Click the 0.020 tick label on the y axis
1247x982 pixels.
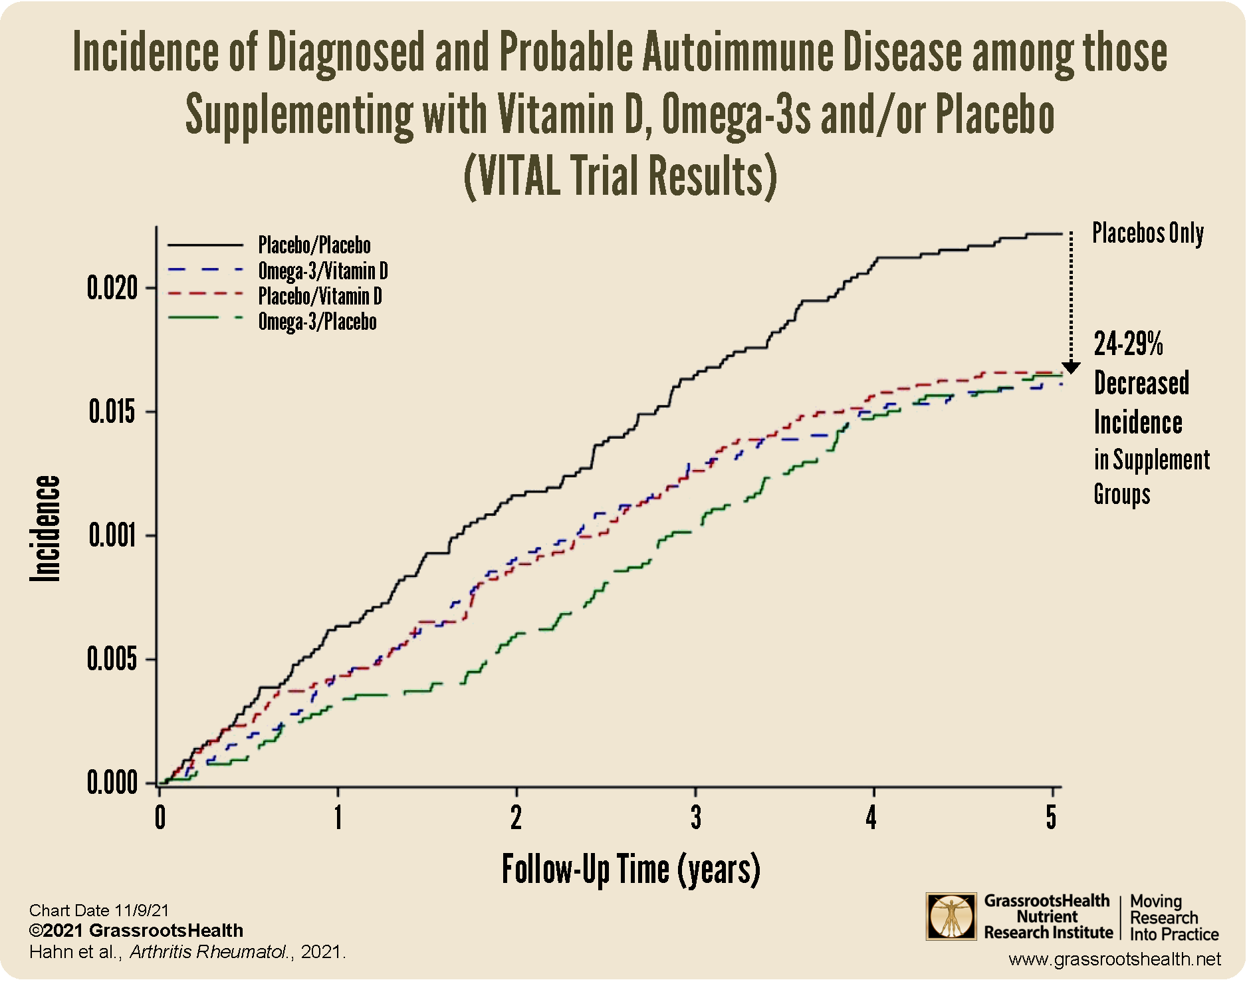(112, 289)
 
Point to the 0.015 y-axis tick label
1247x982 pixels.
(112, 412)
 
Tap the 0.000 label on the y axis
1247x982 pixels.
(112, 783)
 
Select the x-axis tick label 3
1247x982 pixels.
(695, 818)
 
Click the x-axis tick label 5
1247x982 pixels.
(1051, 818)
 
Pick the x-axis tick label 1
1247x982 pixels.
(338, 818)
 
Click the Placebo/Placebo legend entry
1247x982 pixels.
(314, 245)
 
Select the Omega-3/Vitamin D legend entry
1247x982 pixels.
(322, 271)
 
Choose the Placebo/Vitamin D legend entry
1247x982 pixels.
(320, 296)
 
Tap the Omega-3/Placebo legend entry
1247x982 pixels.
(317, 322)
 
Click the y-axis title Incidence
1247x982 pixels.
(45, 529)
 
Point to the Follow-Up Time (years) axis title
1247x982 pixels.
(630, 870)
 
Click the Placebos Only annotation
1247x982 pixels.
(1148, 233)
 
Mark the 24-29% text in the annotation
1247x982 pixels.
(1128, 344)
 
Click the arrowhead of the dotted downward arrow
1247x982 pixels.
(1071, 368)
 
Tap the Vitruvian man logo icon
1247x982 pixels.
(951, 917)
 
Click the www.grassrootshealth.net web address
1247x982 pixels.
(1114, 959)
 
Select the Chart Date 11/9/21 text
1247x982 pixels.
(99, 910)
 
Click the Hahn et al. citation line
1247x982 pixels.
(187, 952)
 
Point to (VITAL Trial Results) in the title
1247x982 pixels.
(620, 176)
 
